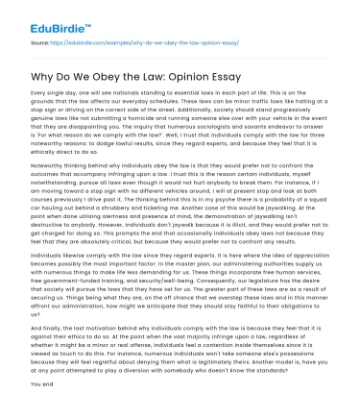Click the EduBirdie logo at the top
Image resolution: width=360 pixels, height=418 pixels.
click(38, 16)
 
